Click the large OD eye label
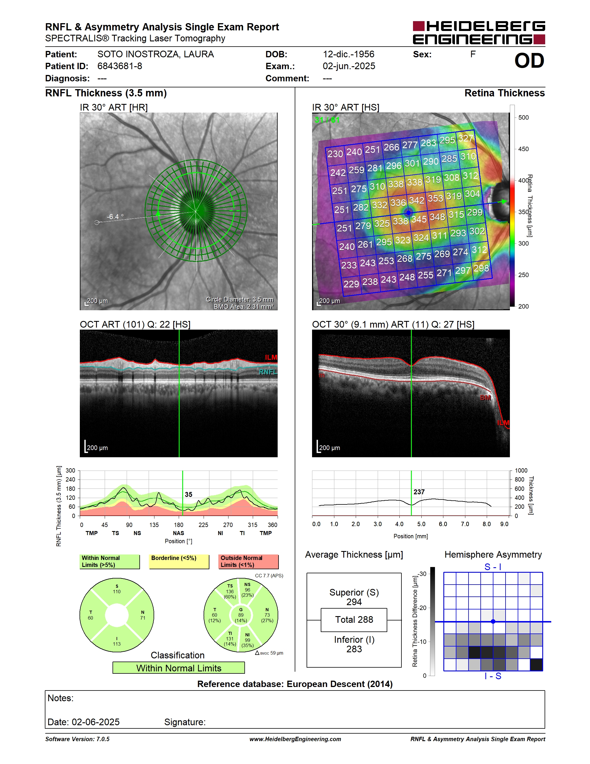[529, 61]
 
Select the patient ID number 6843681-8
[119, 66]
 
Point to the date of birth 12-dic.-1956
[349, 54]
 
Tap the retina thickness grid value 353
[435, 198]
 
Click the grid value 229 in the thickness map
[351, 284]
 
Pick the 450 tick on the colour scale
[523, 149]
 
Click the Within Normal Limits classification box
[179, 668]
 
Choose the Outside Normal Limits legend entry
[248, 561]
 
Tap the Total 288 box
[354, 620]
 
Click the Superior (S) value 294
[354, 602]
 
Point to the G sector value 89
[241, 615]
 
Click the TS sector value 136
[230, 592]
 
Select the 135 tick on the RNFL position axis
[154, 525]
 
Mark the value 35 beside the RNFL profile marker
[188, 494]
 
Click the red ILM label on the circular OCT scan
[271, 357]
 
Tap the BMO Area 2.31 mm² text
[244, 306]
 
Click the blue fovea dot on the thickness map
[408, 212]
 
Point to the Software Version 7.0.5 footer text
[77, 739]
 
